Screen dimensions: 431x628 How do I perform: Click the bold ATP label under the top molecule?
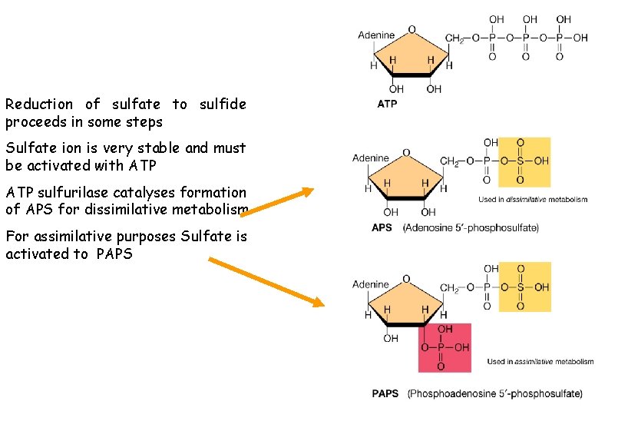click(x=387, y=104)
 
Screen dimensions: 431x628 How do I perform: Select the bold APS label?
click(x=382, y=227)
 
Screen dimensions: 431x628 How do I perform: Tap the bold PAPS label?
click(x=385, y=394)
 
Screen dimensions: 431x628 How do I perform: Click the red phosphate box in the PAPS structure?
click(x=445, y=347)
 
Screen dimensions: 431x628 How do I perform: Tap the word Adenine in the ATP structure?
click(x=376, y=35)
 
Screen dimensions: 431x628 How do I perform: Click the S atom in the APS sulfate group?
click(x=520, y=162)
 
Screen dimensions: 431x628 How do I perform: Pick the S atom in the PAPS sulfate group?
click(x=520, y=287)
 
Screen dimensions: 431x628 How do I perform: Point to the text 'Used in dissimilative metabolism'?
click(x=533, y=200)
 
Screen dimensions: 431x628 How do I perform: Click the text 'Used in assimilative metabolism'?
click(x=540, y=362)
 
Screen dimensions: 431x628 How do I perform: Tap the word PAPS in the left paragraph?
click(x=115, y=254)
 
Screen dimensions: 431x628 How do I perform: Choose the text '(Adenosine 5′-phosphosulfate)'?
click(x=471, y=227)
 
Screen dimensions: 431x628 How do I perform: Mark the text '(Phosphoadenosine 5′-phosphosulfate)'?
click(x=494, y=394)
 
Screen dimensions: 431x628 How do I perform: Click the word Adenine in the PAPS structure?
click(x=371, y=284)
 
